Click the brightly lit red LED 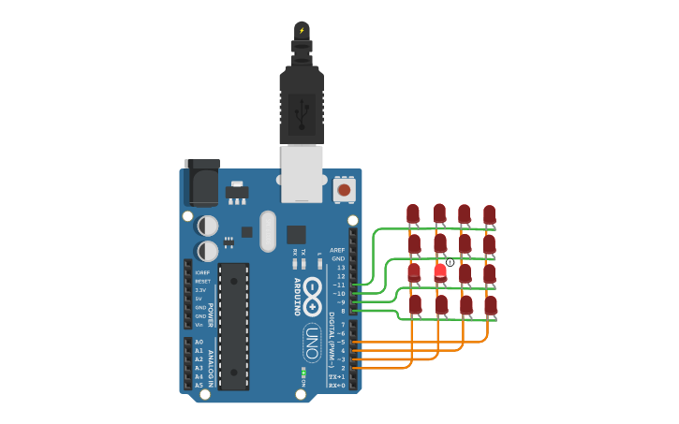(x=439, y=272)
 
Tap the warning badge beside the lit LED (x=450, y=263)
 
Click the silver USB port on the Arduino (x=302, y=174)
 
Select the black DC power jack (x=201, y=183)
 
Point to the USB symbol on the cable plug (x=302, y=114)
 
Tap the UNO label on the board (x=313, y=342)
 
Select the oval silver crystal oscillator (x=269, y=231)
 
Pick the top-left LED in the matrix (x=413, y=214)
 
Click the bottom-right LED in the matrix (x=490, y=305)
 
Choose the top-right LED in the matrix (x=489, y=214)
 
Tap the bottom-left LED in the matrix (x=415, y=304)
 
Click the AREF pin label (x=337, y=250)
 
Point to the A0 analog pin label (x=199, y=343)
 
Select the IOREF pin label (x=202, y=272)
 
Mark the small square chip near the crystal (x=296, y=235)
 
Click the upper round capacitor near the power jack (x=208, y=226)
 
